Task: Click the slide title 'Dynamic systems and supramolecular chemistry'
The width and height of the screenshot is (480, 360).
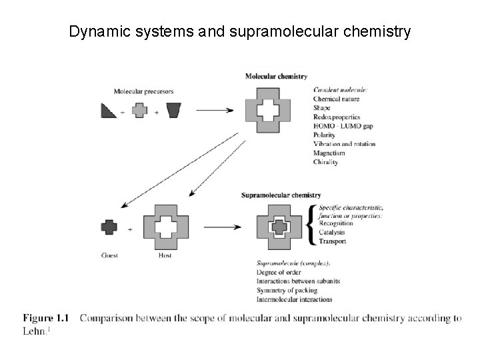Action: coord(240,31)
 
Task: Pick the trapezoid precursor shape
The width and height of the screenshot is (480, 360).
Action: coord(174,111)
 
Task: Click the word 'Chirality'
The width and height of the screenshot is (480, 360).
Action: coord(326,162)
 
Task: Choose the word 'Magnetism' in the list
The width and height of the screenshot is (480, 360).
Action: coord(329,153)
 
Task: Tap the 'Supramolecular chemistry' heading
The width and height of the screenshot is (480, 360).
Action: coord(281,195)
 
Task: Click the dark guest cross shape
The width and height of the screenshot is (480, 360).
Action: coord(109,227)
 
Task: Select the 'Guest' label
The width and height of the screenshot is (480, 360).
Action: coord(109,255)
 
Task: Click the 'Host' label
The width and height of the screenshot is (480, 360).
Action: coord(165,255)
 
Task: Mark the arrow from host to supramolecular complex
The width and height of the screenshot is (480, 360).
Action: coord(222,227)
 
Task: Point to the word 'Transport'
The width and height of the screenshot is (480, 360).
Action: coord(333,241)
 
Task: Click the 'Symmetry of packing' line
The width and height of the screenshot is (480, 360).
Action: coord(287,290)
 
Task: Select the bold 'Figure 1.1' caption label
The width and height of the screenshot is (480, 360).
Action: coord(46,318)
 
